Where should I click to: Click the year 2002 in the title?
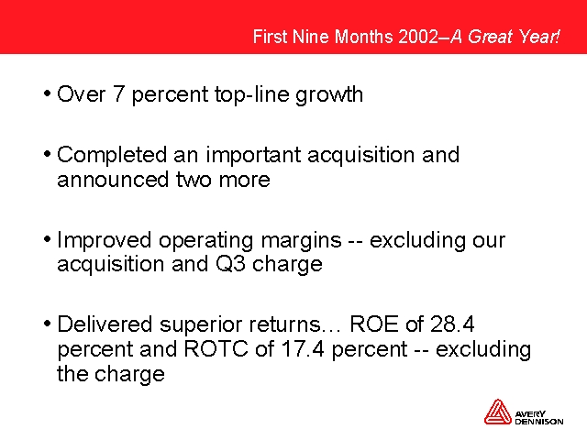[418, 37]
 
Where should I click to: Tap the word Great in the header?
[490, 37]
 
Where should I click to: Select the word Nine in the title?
[312, 37]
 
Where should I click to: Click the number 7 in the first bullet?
[118, 93]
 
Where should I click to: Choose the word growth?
[329, 95]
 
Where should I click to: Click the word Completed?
[112, 155]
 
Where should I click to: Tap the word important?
[253, 155]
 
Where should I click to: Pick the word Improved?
[105, 240]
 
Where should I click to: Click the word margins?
[302, 241]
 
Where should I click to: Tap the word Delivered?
[105, 324]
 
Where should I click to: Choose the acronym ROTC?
[216, 349]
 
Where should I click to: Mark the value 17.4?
[303, 349]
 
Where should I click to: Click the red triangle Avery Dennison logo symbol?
[497, 412]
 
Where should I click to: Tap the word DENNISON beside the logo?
[539, 422]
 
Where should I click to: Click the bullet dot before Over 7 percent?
[47, 93]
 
